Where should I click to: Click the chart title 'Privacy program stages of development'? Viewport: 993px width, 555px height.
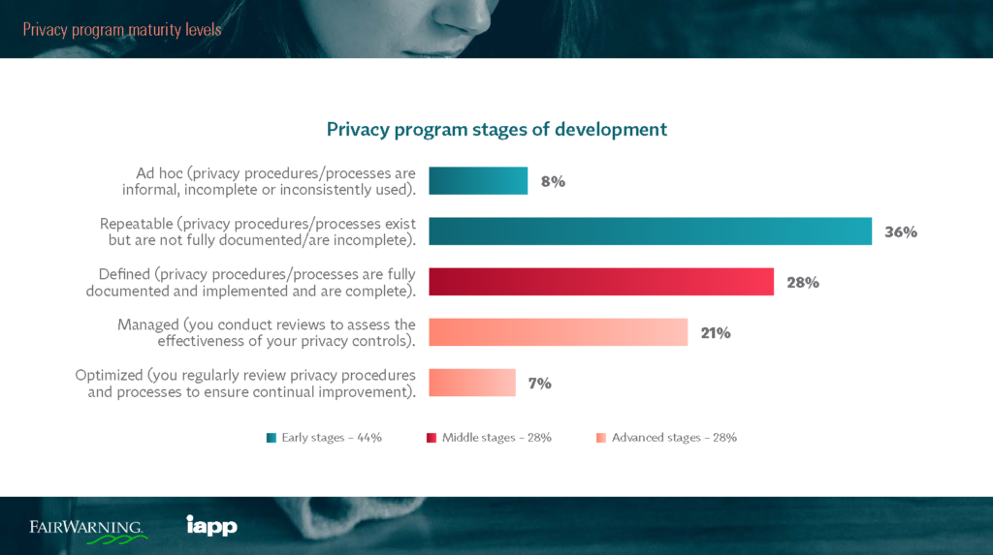[x=496, y=130]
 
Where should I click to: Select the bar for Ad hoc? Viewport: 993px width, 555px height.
[x=478, y=181]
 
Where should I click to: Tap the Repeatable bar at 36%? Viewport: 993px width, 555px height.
[x=650, y=231]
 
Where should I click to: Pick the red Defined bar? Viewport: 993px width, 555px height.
[x=601, y=282]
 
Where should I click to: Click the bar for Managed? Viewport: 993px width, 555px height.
[x=558, y=332]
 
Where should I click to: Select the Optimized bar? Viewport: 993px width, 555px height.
[x=472, y=383]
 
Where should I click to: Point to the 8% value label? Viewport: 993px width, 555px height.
[x=553, y=181]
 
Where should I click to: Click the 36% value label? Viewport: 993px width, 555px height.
[x=900, y=231]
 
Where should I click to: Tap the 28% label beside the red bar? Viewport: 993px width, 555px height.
[x=802, y=282]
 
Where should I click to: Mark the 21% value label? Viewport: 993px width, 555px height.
[x=716, y=332]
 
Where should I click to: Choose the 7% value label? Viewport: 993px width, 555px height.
[x=539, y=383]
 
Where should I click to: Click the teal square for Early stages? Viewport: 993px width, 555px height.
[x=272, y=438]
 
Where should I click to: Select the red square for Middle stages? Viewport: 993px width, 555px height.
[x=432, y=438]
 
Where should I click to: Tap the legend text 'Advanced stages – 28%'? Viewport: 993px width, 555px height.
[x=674, y=438]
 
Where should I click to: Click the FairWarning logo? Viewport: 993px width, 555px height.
[x=87, y=529]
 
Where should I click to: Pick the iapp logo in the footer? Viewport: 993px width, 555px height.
[x=211, y=526]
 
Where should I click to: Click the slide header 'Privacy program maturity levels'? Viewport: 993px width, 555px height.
[x=122, y=29]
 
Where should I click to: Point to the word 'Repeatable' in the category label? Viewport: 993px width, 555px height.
[x=137, y=224]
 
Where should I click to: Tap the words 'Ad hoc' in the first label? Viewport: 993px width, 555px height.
[x=158, y=173]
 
